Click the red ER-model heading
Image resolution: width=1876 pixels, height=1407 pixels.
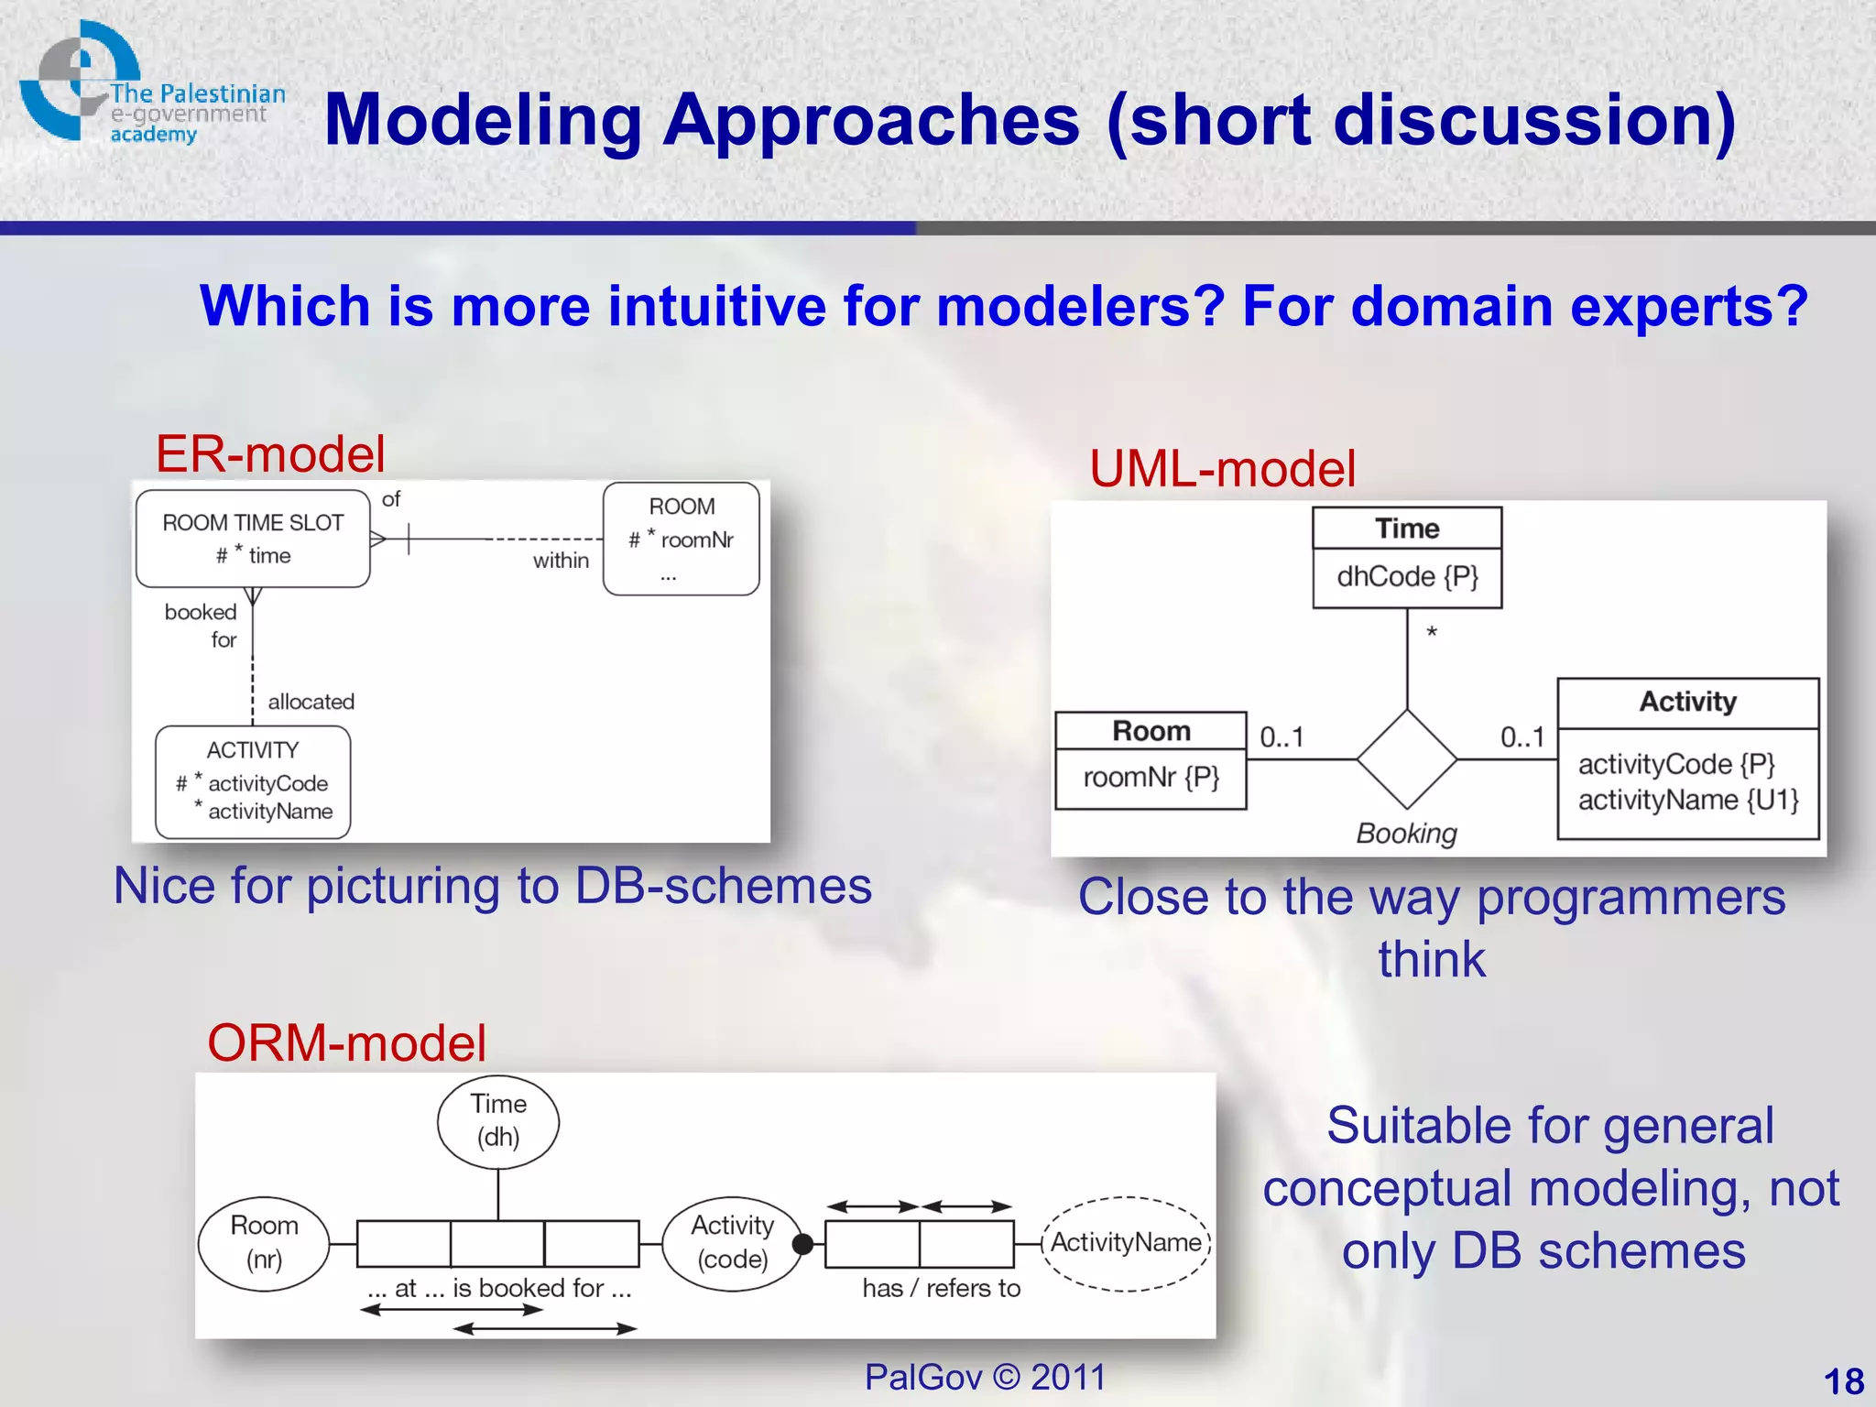(x=270, y=454)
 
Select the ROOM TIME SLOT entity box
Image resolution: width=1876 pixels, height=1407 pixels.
(x=253, y=539)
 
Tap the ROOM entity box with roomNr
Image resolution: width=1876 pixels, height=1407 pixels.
(x=682, y=540)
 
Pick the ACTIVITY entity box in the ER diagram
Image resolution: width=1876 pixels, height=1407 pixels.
(x=253, y=781)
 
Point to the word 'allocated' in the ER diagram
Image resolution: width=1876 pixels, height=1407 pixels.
(x=311, y=702)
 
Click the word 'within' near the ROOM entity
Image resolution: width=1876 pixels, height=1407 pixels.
(x=561, y=561)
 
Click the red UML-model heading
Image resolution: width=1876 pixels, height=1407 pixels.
(x=1222, y=469)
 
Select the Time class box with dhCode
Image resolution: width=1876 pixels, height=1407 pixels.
(x=1407, y=558)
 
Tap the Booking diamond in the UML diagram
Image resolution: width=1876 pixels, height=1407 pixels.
(x=1407, y=758)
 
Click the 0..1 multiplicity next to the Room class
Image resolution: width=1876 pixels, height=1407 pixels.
(x=1282, y=737)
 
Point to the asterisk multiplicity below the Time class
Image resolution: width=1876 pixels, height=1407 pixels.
(x=1432, y=633)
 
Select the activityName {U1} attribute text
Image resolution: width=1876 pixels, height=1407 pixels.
(x=1688, y=800)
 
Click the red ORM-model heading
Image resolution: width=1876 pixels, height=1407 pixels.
(x=346, y=1043)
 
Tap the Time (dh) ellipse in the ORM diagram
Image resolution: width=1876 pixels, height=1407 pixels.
(x=498, y=1121)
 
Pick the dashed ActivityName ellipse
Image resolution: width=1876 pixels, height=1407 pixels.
(x=1126, y=1243)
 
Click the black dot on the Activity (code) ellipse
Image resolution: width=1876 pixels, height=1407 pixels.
(x=802, y=1244)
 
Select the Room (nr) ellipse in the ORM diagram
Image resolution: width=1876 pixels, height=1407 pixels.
(x=264, y=1243)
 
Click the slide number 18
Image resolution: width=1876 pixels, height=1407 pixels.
(x=1843, y=1381)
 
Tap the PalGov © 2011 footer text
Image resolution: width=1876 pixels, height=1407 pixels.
(x=985, y=1377)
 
